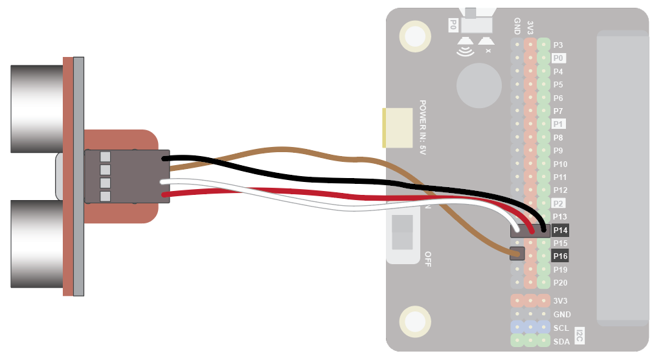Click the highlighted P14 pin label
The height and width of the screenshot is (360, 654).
560,230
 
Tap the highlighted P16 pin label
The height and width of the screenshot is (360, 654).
560,256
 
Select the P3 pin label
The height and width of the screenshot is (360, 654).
558,45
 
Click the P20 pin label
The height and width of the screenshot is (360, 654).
560,283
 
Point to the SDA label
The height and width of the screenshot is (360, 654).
561,341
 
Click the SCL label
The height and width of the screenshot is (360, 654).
561,328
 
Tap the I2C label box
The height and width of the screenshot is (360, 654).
580,335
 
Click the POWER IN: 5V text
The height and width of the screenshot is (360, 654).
423,126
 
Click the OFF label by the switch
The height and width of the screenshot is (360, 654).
427,259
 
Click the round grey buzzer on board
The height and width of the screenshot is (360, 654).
479,85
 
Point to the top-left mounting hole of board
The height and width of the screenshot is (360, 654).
414,35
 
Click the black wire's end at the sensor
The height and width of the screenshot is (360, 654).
166,159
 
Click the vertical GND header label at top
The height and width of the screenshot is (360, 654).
517,26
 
